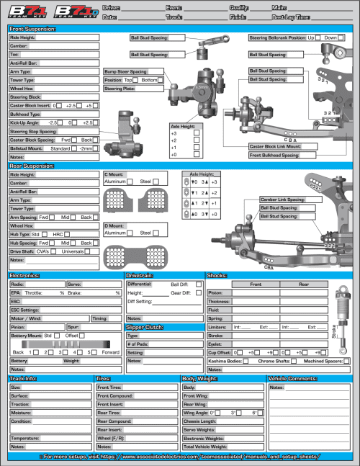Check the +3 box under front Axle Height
click(197, 133)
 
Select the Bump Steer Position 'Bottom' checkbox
click(161, 80)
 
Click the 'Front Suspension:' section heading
click(33, 28)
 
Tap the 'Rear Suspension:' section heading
click(32, 166)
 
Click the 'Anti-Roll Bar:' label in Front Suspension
click(24, 63)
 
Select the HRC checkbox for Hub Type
click(71, 235)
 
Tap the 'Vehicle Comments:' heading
click(292, 378)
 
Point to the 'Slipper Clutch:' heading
click(145, 327)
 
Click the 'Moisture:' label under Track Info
click(22, 413)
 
